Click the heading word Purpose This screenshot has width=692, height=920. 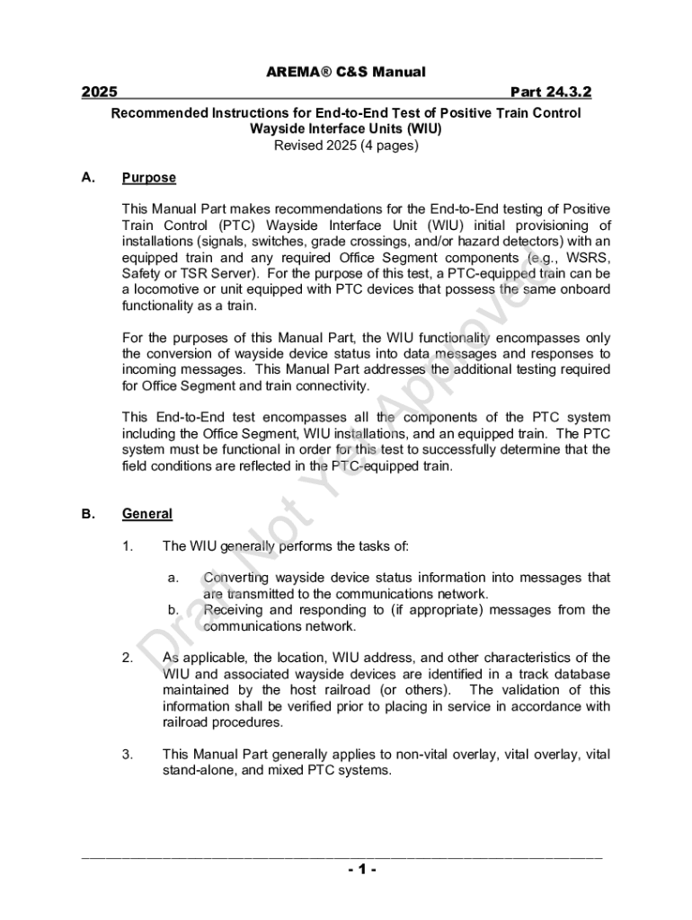point(148,178)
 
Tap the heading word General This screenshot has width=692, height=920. point(146,514)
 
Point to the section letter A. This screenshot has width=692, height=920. point(88,177)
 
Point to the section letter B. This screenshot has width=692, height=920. point(88,514)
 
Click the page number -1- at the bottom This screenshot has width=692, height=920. point(345,870)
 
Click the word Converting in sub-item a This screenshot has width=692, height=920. point(235,578)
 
